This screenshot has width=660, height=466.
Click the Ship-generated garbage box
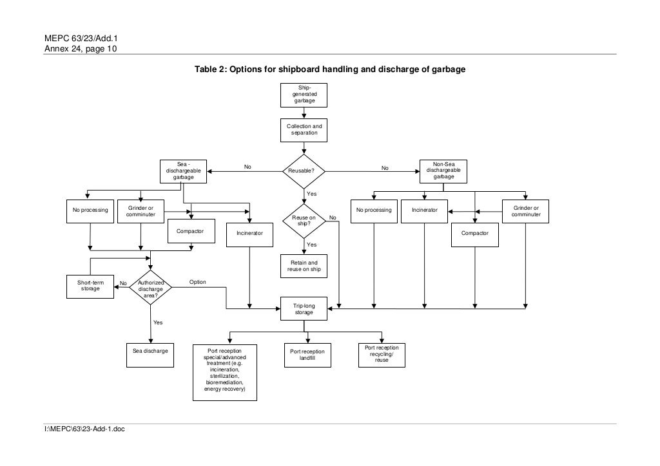(x=304, y=95)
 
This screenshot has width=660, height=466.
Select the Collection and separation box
(x=304, y=130)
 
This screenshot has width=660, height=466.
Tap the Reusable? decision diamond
(x=304, y=171)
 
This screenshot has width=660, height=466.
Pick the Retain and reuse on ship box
(x=304, y=266)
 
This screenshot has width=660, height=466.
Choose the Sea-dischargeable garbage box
(x=183, y=171)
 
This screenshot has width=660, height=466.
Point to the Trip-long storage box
(x=304, y=308)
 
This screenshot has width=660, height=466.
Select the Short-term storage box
(x=90, y=286)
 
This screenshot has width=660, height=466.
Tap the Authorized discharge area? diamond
(x=151, y=289)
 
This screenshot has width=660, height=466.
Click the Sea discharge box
(x=150, y=351)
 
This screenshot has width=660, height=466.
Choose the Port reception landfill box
(x=307, y=355)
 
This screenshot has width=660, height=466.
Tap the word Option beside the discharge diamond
(x=198, y=283)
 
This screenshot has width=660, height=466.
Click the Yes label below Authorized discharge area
(x=158, y=322)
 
